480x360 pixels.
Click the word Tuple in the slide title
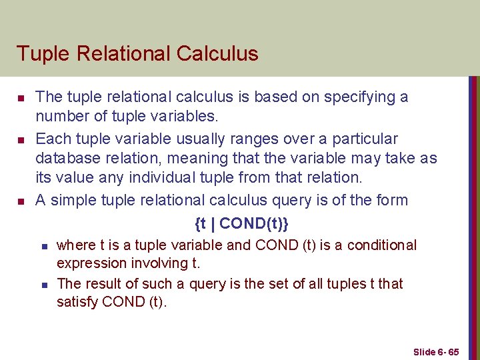coord(39,53)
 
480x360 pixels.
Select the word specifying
coord(361,97)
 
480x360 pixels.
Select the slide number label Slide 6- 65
coord(436,351)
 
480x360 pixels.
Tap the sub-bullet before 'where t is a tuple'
coord(43,246)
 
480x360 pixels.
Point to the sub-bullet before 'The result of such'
coord(43,285)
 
